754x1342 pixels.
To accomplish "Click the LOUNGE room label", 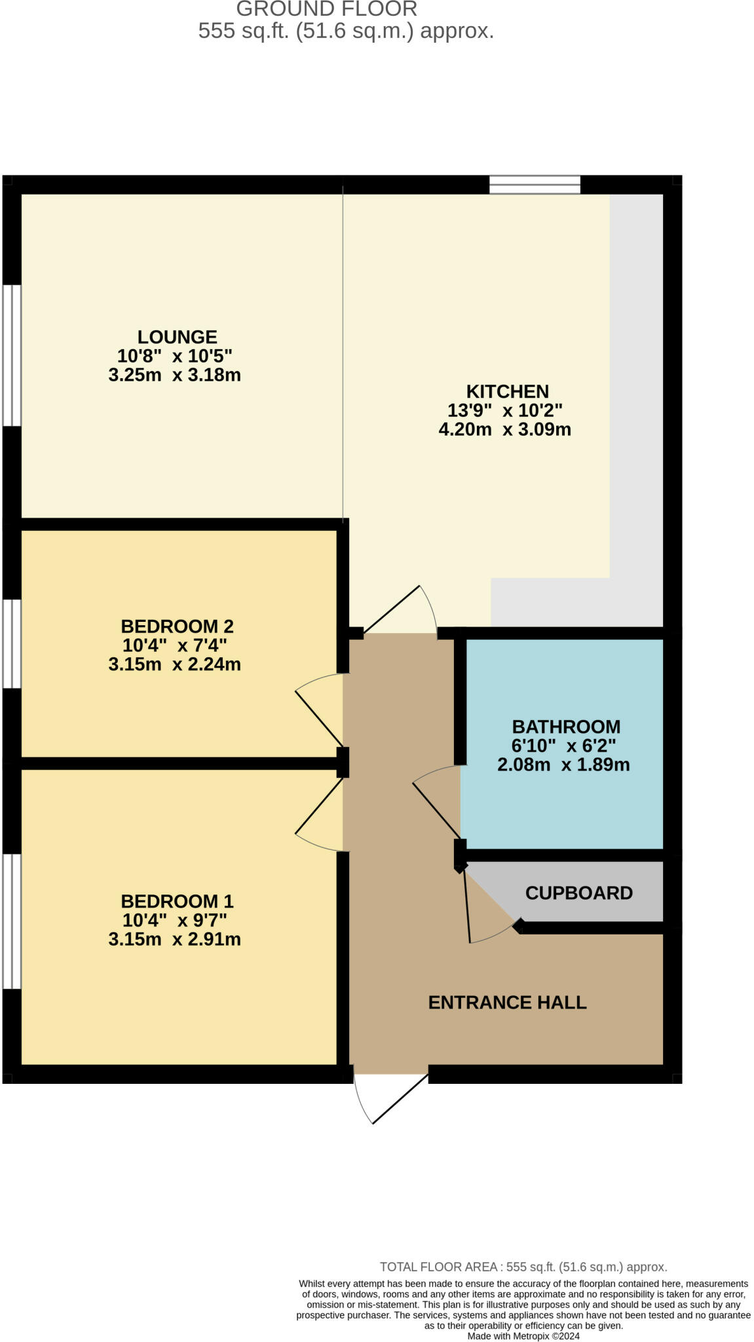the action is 177,337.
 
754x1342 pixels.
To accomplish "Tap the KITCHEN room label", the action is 507,391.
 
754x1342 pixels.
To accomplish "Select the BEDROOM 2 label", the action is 177,626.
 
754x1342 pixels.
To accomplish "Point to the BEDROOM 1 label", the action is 177,901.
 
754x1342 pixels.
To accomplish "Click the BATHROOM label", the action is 566,727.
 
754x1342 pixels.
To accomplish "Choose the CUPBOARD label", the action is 579,893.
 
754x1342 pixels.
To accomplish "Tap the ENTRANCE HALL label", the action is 507,1003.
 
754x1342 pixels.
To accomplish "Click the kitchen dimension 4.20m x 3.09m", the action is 504,430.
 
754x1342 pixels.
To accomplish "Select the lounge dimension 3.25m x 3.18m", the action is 174,375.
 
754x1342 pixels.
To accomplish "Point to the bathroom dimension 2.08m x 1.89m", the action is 563,765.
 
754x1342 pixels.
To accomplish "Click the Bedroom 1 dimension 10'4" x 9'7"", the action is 174,920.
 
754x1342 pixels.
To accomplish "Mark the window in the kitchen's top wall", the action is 535,185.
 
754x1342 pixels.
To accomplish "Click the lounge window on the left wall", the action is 12,355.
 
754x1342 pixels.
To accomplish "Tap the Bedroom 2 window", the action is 12,643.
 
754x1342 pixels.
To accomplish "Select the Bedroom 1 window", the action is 12,921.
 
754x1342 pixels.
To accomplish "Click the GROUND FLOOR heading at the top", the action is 326,9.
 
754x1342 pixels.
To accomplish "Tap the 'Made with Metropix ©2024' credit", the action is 523,1335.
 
